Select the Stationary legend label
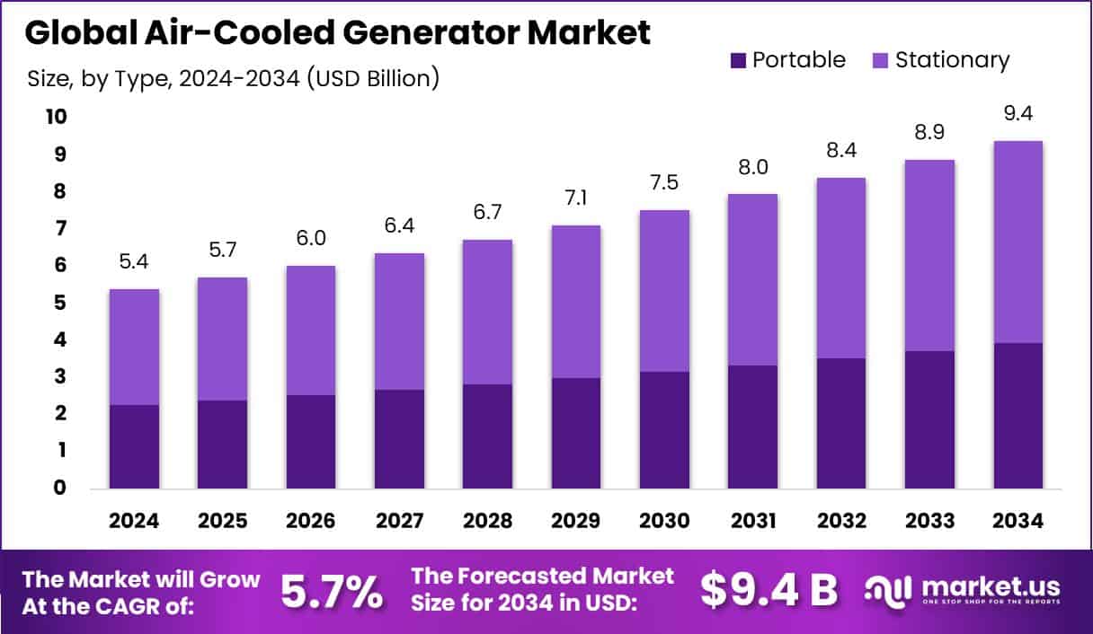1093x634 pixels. point(953,60)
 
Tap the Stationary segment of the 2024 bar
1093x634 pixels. point(134,347)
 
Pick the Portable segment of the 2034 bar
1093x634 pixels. point(1018,415)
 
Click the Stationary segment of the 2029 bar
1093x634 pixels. point(576,301)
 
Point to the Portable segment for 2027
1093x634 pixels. point(399,438)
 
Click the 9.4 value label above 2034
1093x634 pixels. point(1018,115)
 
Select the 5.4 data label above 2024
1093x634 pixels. point(134,264)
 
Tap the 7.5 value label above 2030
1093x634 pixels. point(665,184)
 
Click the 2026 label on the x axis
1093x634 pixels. point(311,521)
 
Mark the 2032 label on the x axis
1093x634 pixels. point(841,521)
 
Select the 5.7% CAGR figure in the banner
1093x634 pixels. point(331,591)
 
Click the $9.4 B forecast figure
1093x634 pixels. point(769,591)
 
